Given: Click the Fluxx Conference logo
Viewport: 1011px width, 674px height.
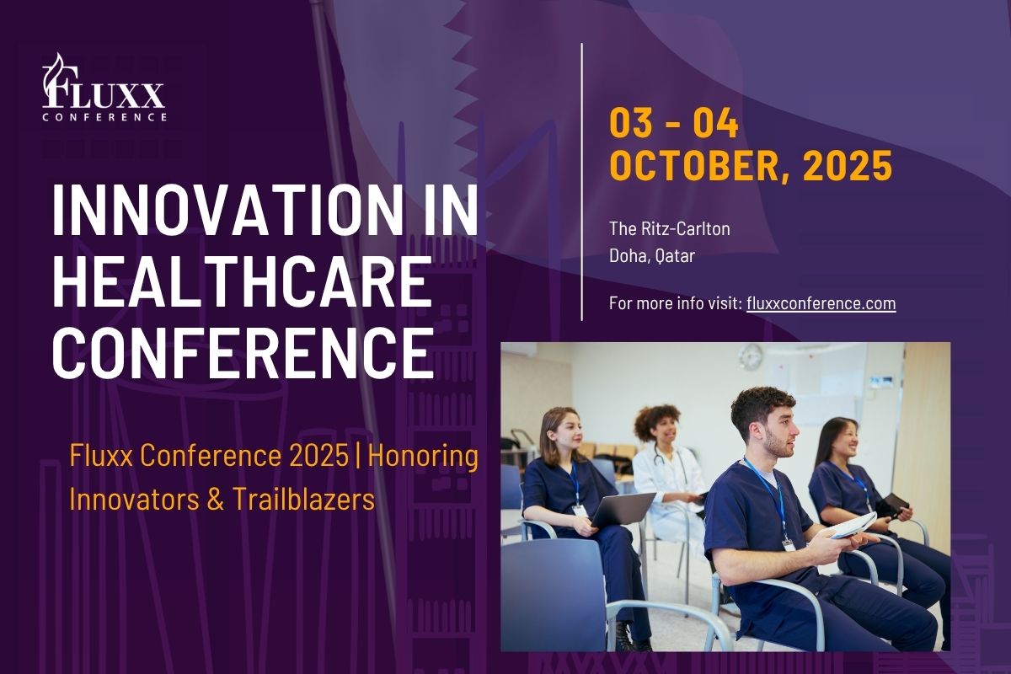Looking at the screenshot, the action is click(x=104, y=88).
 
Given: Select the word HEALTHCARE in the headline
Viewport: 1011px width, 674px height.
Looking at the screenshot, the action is click(x=243, y=281).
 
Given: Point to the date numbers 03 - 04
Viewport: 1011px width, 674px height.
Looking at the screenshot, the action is click(x=674, y=123).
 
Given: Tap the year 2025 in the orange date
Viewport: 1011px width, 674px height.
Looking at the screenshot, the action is click(x=848, y=165).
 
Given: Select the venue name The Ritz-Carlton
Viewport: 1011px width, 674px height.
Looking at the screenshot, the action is click(x=670, y=229).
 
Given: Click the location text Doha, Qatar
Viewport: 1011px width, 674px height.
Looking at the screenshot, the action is click(x=652, y=256).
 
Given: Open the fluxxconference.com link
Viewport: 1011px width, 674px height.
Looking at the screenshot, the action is click(x=821, y=303).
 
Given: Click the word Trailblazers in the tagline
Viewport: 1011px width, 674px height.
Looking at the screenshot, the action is click(x=304, y=500).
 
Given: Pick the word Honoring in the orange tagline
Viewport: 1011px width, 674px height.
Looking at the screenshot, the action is click(x=423, y=457).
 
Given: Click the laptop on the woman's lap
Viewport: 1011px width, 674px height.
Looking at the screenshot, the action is click(x=622, y=509).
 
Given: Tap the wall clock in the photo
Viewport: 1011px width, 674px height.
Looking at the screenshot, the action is click(x=750, y=356).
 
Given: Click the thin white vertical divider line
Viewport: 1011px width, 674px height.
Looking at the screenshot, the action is click(x=582, y=182).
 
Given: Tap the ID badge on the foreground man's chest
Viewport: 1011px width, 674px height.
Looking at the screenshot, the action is click(x=789, y=545).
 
